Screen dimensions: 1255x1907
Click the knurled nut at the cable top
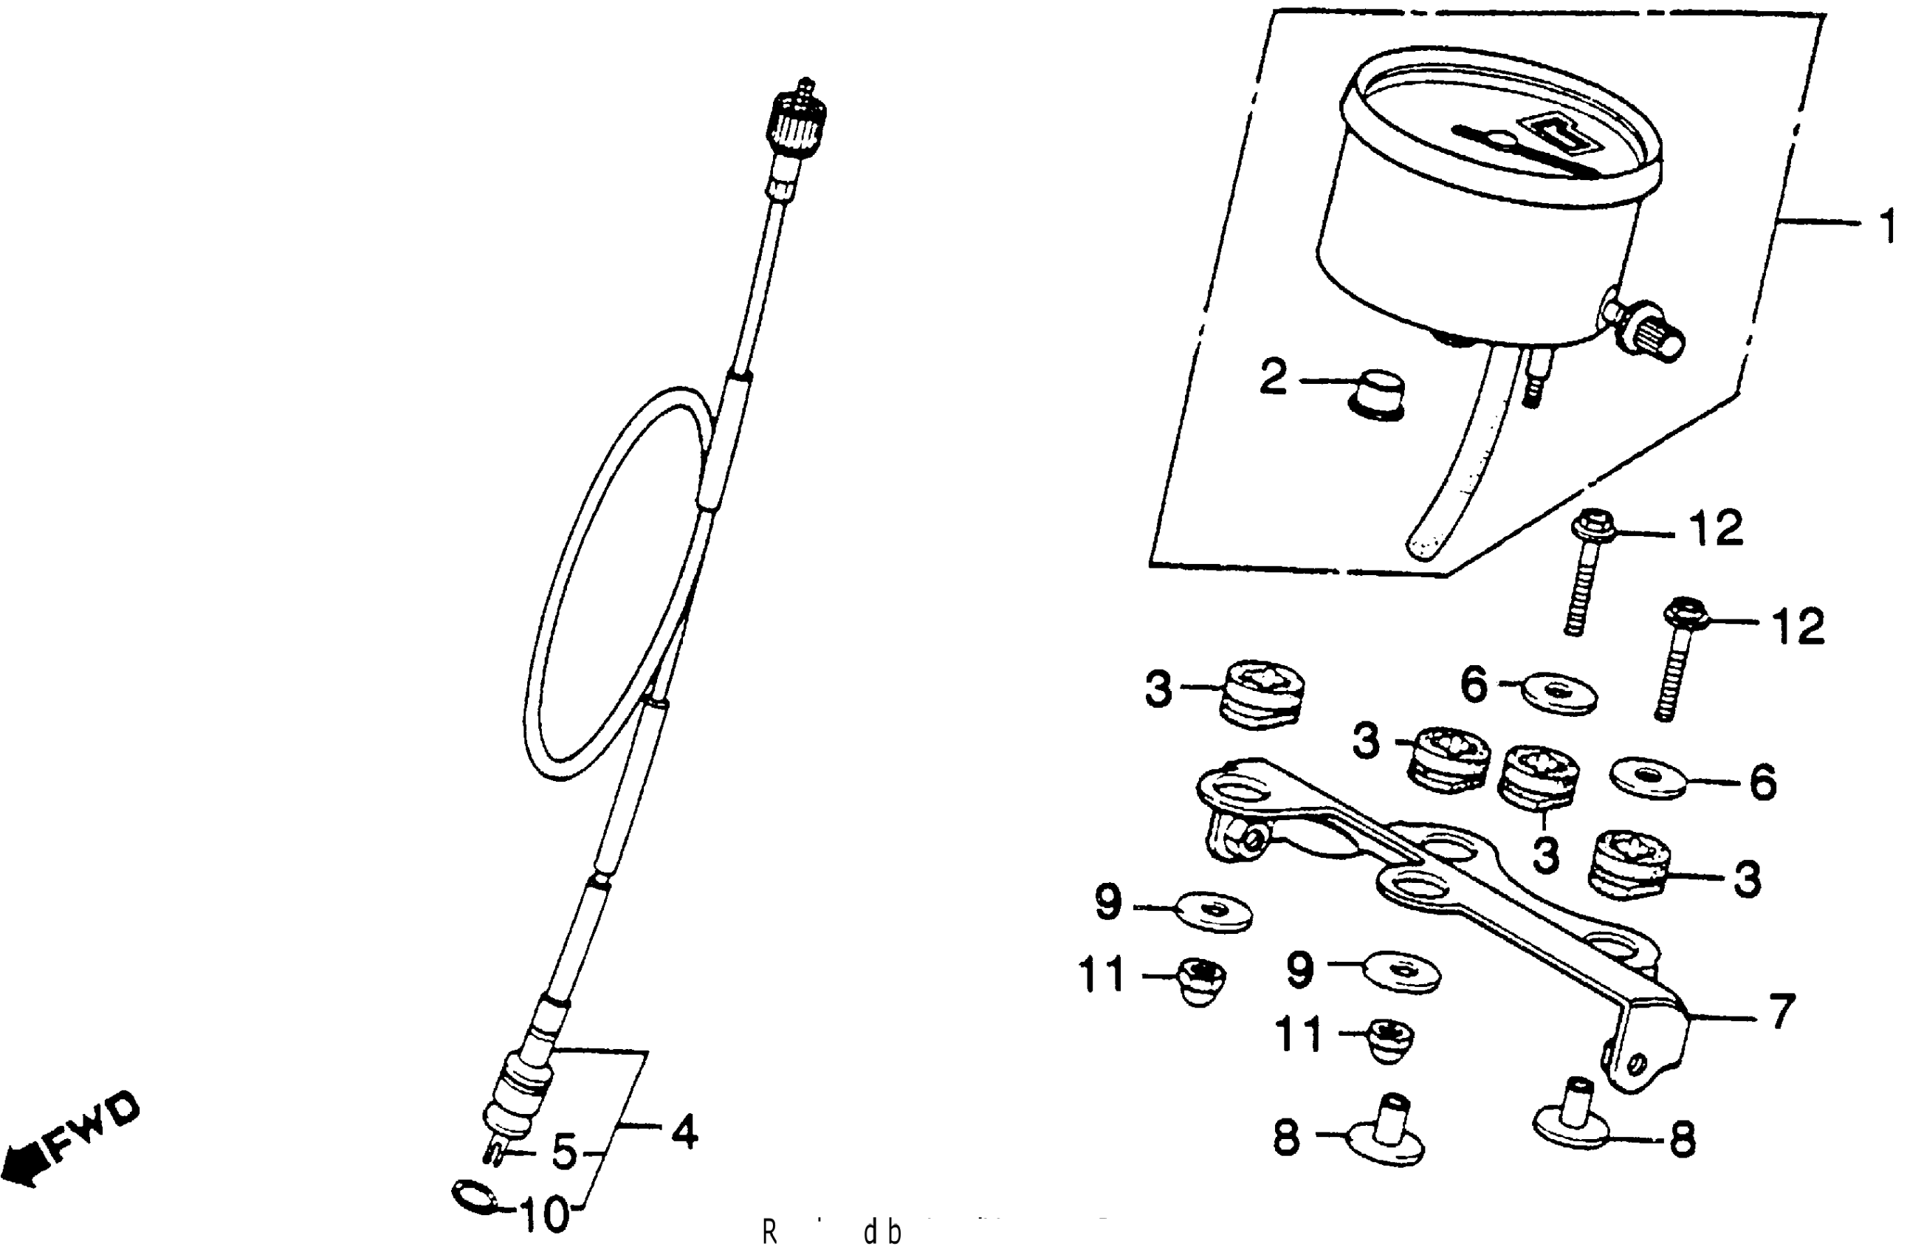(x=795, y=117)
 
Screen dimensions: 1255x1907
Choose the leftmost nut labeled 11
(x=1200, y=983)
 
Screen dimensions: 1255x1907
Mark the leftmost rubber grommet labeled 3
(x=1260, y=694)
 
